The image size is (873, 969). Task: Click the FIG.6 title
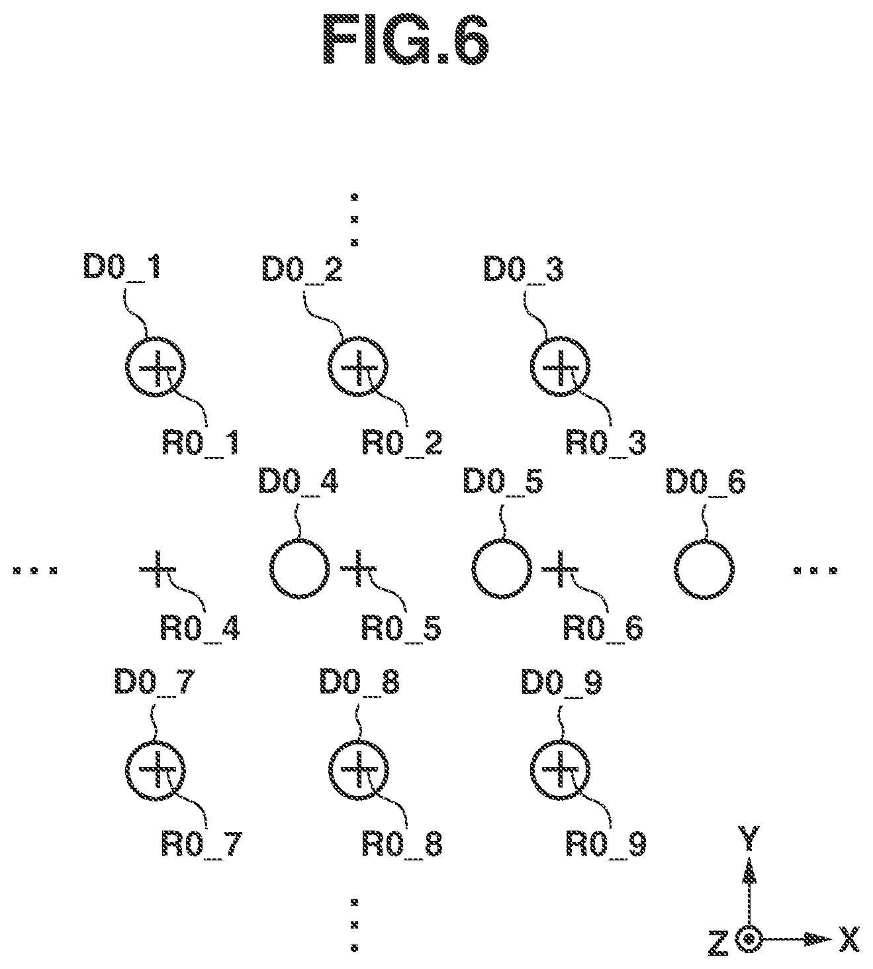pyautogui.click(x=406, y=40)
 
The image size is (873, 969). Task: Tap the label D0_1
pyautogui.click(x=122, y=268)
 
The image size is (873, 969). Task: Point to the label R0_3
pyautogui.click(x=606, y=443)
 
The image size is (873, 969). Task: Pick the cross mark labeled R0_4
pyautogui.click(x=158, y=569)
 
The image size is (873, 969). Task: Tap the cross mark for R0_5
pyautogui.click(x=358, y=569)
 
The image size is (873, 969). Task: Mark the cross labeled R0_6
pyautogui.click(x=560, y=569)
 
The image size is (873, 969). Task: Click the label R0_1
pyautogui.click(x=201, y=443)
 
